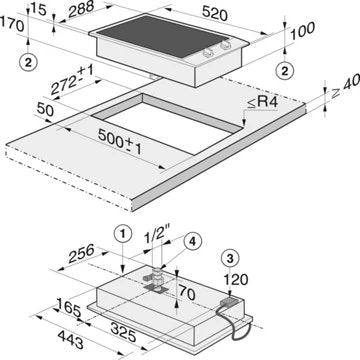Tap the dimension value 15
pos(38,11)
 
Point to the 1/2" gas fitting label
pos(157,238)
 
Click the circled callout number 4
pos(193,240)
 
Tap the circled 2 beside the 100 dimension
pos(285,69)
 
